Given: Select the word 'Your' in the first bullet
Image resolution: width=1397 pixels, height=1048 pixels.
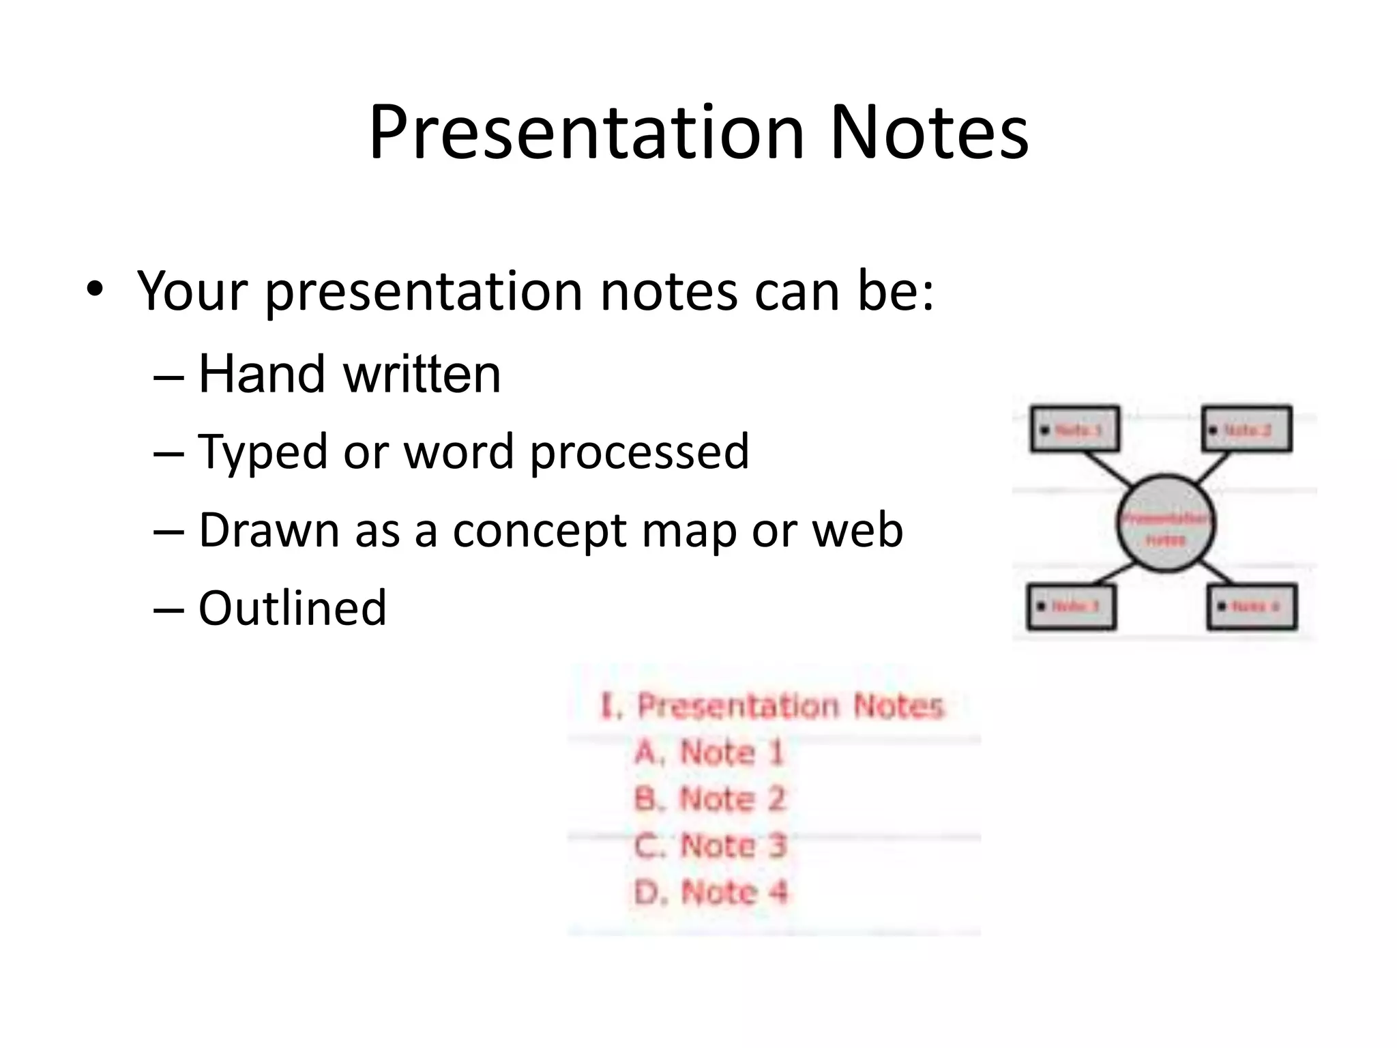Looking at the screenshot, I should [x=191, y=291].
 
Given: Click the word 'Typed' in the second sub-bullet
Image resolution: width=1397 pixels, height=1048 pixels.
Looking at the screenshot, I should [x=262, y=452].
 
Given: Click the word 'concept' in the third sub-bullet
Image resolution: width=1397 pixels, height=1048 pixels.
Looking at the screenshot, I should [x=539, y=530].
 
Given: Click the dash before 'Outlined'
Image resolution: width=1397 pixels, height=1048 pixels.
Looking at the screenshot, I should [x=168, y=609].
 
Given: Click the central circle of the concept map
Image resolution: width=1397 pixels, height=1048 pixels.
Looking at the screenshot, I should [x=1165, y=524].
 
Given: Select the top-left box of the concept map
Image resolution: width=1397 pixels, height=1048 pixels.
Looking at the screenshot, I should [x=1074, y=429].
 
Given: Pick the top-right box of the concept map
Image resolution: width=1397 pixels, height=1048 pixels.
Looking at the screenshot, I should [x=1246, y=429].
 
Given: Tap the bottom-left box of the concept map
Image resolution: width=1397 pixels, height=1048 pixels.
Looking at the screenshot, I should [x=1071, y=606].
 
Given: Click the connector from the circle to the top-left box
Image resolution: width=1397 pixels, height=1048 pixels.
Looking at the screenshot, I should [x=1106, y=470].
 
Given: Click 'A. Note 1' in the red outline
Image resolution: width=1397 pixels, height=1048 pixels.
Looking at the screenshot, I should [x=709, y=753].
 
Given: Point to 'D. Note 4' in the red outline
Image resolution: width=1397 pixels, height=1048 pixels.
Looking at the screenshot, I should [x=710, y=892].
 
